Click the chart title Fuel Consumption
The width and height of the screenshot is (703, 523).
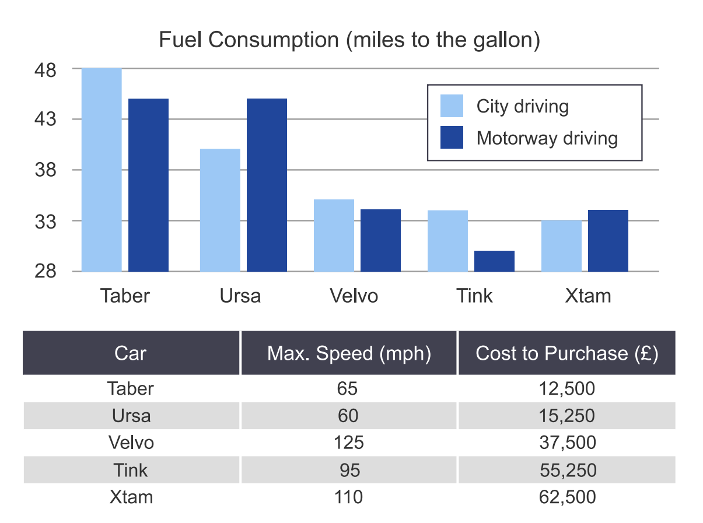[x=349, y=40]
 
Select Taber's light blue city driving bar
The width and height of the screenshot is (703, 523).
[x=102, y=170]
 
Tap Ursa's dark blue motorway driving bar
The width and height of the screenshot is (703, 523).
[x=267, y=185]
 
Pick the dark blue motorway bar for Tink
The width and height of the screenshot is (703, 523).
[x=494, y=261]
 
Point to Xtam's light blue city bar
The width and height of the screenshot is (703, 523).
[x=561, y=245]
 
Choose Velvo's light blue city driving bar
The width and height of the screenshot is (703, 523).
[x=334, y=235]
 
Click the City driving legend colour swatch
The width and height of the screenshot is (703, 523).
[x=452, y=106]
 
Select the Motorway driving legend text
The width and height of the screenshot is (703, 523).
[x=547, y=138]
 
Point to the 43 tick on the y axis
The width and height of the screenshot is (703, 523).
[x=46, y=120]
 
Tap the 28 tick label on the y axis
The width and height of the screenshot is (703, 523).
[x=46, y=272]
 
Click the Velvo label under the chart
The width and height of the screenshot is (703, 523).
[x=354, y=296]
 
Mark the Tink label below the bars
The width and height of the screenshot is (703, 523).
[x=474, y=296]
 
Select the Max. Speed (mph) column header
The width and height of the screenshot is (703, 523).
[x=349, y=353]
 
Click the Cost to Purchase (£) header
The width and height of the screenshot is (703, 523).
[x=566, y=353]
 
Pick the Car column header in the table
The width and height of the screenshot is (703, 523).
[x=131, y=353]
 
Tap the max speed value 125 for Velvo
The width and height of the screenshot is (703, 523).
[x=349, y=443]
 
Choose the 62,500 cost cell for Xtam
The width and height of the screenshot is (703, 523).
[x=566, y=497]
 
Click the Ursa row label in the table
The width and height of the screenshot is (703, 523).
[x=131, y=416]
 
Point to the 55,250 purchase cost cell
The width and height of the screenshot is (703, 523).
[x=566, y=470]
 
